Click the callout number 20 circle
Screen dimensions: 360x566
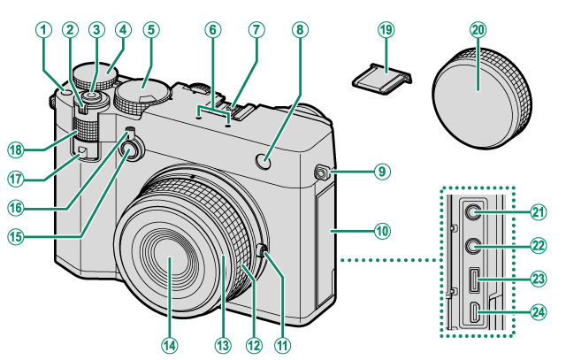(x=478, y=29)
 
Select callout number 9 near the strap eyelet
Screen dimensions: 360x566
(x=381, y=172)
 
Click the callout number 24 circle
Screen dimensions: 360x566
(x=537, y=311)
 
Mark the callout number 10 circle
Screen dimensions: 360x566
(x=381, y=232)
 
